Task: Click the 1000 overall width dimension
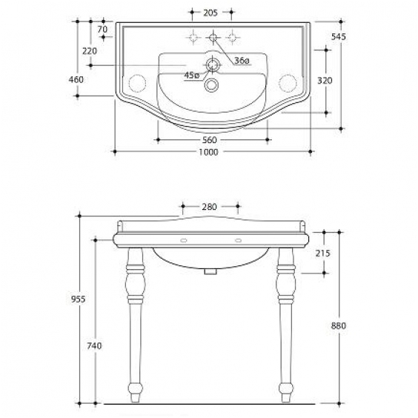pos(208,152)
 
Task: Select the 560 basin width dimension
pos(210,140)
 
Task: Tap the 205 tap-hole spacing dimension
pos(210,13)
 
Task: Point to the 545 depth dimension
pos(338,36)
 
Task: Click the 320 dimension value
pos(325,81)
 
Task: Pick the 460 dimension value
pos(76,79)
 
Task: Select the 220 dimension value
pos(90,51)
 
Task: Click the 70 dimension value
pos(102,29)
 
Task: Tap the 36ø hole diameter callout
pos(242,61)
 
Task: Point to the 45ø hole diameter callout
pos(192,76)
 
